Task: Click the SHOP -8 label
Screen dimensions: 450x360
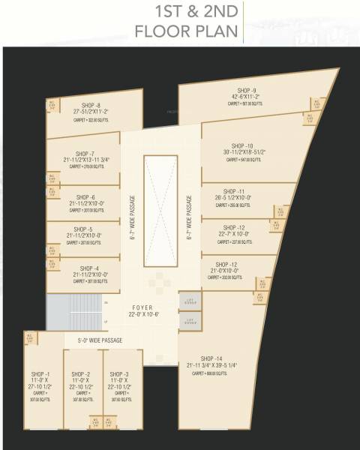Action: coord(91,105)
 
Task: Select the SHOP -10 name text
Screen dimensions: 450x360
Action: coord(242,145)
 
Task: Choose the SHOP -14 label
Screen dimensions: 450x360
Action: coord(213,358)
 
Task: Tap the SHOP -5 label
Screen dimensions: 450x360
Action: coord(82,229)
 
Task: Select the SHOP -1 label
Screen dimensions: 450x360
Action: coord(40,373)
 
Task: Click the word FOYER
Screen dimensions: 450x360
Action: coord(142,307)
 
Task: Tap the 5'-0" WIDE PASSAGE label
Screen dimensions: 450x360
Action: coord(105,340)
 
